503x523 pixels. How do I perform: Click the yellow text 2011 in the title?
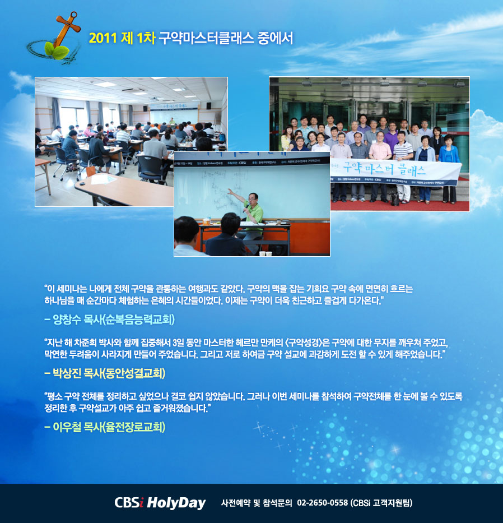coord(103,38)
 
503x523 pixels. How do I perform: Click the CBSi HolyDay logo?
coord(160,503)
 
